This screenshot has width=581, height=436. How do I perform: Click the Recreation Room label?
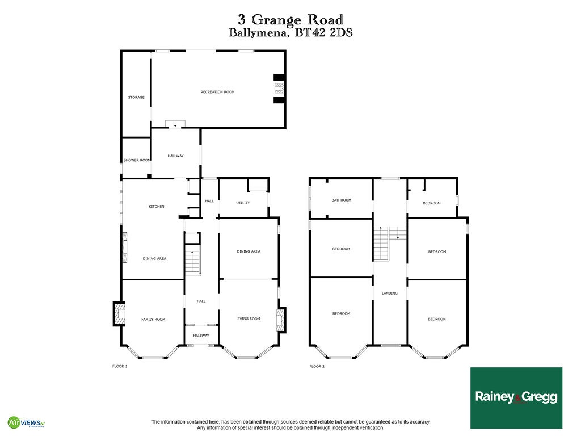click(x=217, y=92)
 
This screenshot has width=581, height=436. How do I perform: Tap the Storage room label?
click(x=136, y=97)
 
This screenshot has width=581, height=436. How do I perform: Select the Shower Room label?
click(x=137, y=160)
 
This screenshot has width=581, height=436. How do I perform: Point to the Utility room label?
click(x=243, y=203)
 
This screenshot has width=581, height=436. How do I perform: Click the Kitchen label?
click(x=157, y=207)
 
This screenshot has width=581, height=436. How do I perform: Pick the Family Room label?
click(x=153, y=319)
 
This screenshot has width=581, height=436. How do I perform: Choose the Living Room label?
click(x=249, y=319)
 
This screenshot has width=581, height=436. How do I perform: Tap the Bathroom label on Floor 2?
click(x=341, y=200)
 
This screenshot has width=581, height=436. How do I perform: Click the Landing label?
click(x=390, y=294)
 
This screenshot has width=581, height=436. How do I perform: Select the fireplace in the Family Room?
click(x=119, y=314)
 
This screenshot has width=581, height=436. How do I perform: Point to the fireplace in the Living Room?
click(x=281, y=320)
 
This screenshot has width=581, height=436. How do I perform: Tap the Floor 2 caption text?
click(x=317, y=366)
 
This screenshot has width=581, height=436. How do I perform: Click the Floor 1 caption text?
click(x=120, y=366)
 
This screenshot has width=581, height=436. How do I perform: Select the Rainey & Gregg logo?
click(x=516, y=398)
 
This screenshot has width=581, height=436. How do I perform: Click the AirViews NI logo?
click(x=27, y=422)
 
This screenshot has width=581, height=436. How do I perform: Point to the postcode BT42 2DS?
click(x=323, y=33)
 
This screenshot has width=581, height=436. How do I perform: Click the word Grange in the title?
click(x=276, y=20)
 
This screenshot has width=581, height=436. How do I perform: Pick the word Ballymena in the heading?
click(x=259, y=33)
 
